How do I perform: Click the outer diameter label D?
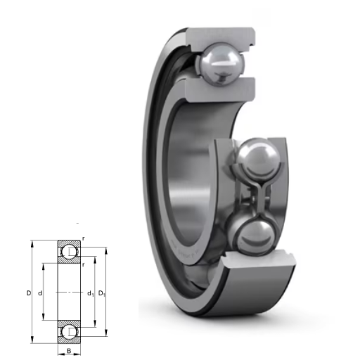pos(29,293)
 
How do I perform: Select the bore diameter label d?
pos(40,293)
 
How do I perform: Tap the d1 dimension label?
pos(91,293)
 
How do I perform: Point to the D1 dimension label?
pos(102,293)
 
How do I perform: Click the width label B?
pos(69,351)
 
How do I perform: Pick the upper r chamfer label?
pos(84,238)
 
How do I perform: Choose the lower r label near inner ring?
pos(84,264)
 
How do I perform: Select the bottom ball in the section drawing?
pos(69,332)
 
